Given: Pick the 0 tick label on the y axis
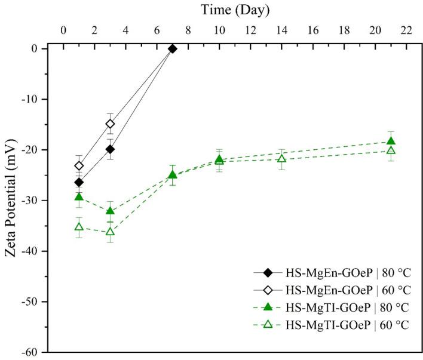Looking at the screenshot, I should point(37,48).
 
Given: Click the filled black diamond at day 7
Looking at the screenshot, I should point(172,49).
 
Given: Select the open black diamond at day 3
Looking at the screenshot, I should point(110,124).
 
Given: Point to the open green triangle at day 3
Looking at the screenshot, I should point(110,232).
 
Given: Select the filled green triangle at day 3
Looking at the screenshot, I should point(110,211).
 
